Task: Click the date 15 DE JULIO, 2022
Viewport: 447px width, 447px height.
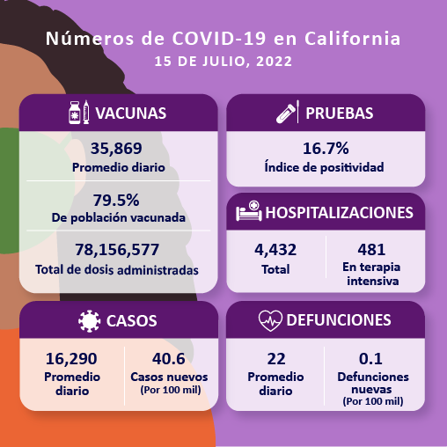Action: click(x=223, y=62)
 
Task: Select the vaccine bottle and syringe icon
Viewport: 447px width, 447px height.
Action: click(x=78, y=114)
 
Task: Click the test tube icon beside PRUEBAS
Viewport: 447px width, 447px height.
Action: click(x=286, y=114)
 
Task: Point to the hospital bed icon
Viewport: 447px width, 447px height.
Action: click(x=247, y=213)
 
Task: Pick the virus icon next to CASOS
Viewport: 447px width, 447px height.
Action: click(x=89, y=320)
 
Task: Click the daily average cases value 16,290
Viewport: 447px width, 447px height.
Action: click(x=70, y=358)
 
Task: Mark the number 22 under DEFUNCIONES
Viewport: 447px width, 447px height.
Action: click(x=275, y=358)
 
